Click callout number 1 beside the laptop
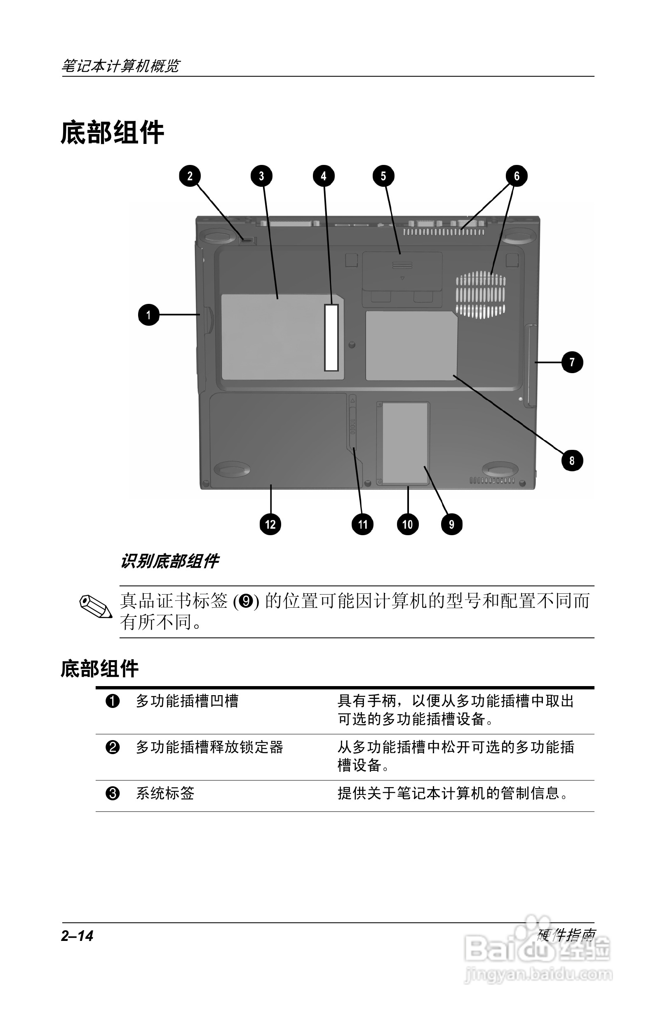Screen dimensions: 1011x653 click(x=148, y=315)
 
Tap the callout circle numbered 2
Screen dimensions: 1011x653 click(x=190, y=176)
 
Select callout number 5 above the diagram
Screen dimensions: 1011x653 click(x=383, y=176)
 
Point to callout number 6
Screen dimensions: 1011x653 click(x=517, y=176)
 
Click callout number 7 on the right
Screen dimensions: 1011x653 click(x=572, y=362)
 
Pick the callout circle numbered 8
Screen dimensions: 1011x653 click(x=572, y=461)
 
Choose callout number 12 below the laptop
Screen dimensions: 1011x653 click(x=270, y=524)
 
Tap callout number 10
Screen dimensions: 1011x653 click(x=407, y=524)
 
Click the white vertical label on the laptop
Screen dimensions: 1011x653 click(x=331, y=337)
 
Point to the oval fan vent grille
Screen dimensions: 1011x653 click(x=480, y=295)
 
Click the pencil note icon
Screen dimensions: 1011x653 click(x=96, y=607)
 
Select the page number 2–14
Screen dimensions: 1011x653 click(x=77, y=936)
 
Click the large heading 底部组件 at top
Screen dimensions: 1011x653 click(x=113, y=132)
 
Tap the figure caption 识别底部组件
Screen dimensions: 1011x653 click(x=169, y=561)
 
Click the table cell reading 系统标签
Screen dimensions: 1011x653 click(x=165, y=793)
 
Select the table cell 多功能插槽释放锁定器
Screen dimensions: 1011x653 click(x=209, y=747)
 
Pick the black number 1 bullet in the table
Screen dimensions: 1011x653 click(x=113, y=701)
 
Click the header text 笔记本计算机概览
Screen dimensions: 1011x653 click(x=121, y=66)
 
